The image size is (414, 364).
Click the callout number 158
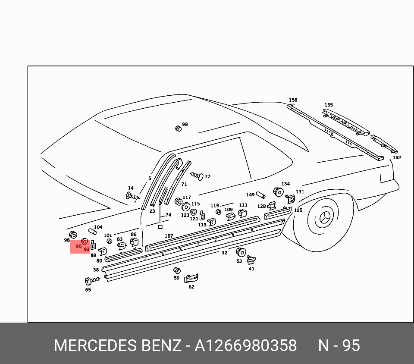[x=293, y=100]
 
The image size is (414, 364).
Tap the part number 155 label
[x=329, y=105]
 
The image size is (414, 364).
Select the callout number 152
[x=397, y=157]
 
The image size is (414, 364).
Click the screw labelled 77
[x=196, y=176]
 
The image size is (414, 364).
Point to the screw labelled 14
[x=132, y=196]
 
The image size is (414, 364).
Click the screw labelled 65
[x=92, y=281]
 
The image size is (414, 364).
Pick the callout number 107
[x=169, y=236]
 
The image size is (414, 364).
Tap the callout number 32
[x=224, y=253]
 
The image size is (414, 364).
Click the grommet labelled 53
[x=241, y=252]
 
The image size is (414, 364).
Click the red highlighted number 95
[x=78, y=247]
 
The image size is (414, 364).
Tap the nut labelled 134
[x=278, y=191]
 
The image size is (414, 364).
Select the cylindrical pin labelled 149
[x=260, y=195]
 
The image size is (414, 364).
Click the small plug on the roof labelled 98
[x=178, y=128]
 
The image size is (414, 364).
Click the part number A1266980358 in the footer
[x=246, y=345]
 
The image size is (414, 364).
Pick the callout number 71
[x=184, y=184]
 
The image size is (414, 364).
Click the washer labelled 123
[x=186, y=207]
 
